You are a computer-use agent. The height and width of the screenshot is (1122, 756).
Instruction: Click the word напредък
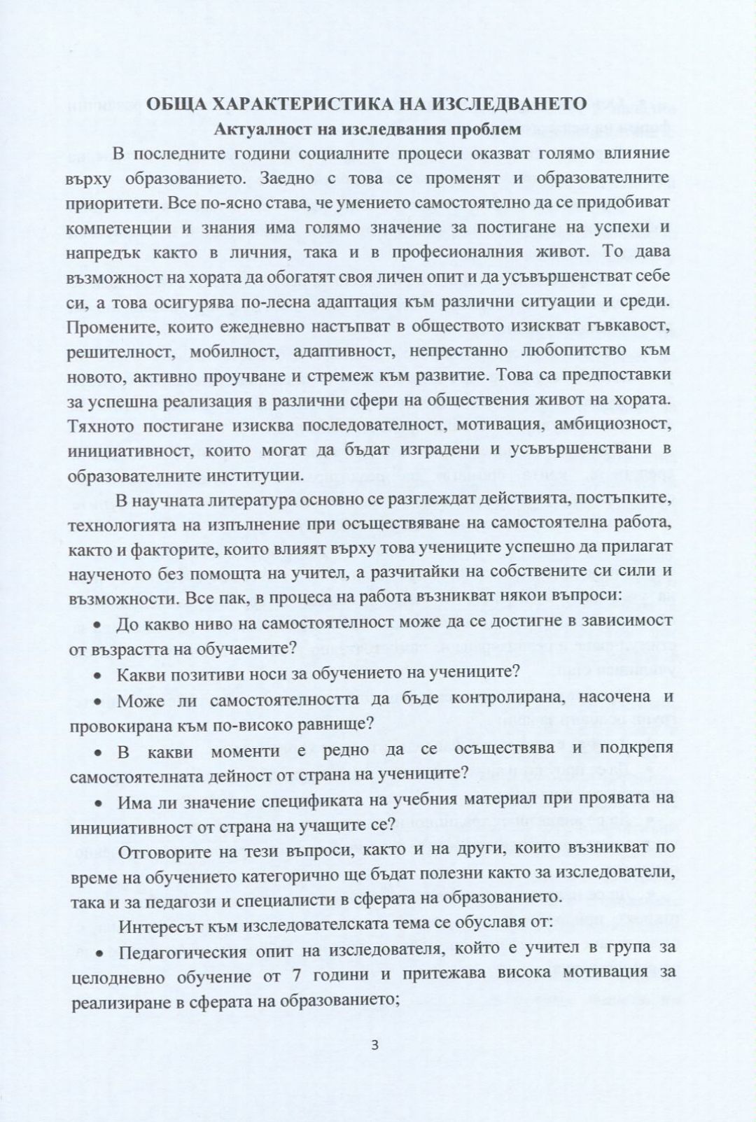pyautogui.click(x=100, y=252)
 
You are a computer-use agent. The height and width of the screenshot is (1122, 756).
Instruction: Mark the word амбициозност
pyautogui.click(x=613, y=424)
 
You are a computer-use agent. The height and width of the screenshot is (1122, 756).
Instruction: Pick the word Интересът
pyautogui.click(x=155, y=925)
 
